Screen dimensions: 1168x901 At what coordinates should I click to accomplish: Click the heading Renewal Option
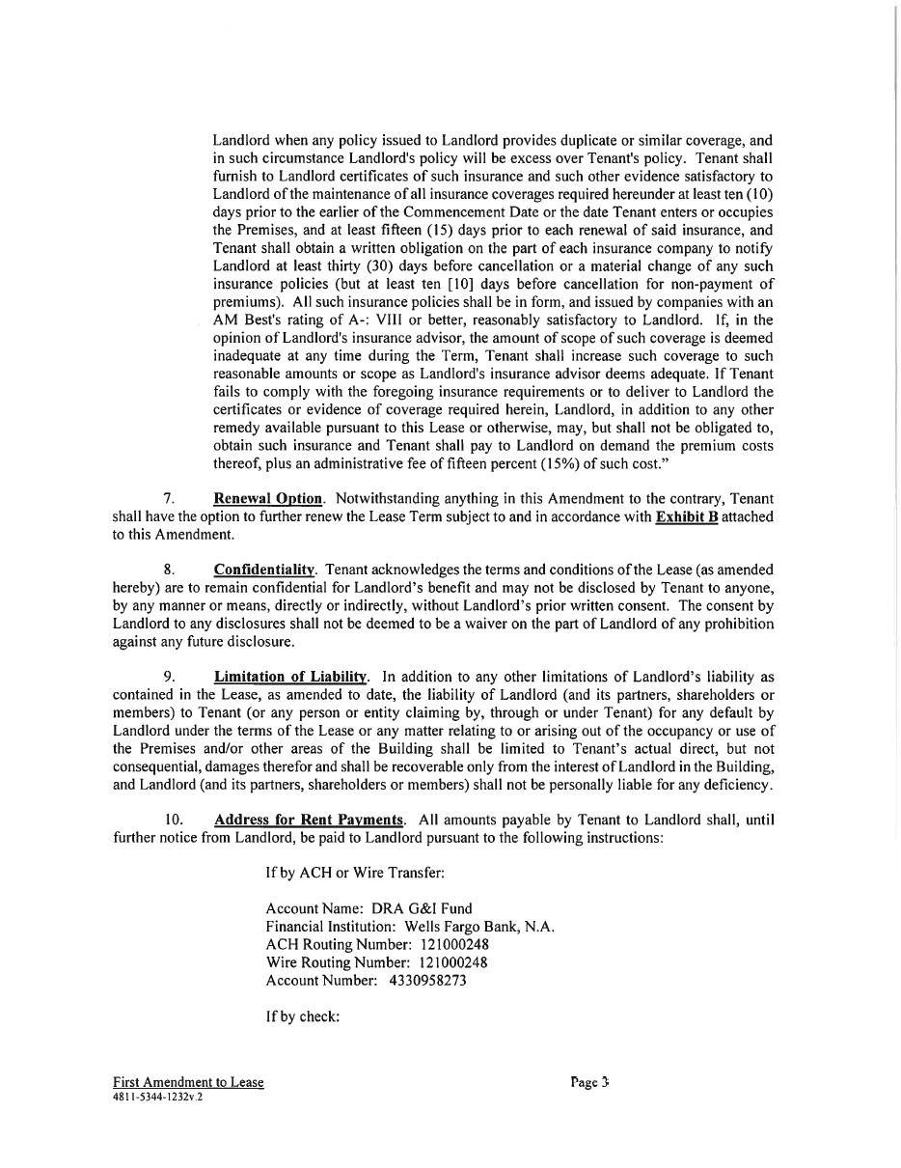tap(268, 499)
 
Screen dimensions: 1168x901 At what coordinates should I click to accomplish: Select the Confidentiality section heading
tap(264, 570)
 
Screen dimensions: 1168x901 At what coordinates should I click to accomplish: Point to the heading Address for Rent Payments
tap(309, 820)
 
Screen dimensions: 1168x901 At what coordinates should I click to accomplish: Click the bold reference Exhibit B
tap(687, 517)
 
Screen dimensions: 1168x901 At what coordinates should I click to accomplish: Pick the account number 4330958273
tap(428, 981)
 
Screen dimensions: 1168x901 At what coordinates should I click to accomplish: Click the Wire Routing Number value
tap(453, 963)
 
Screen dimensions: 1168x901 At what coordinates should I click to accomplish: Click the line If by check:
tap(303, 1017)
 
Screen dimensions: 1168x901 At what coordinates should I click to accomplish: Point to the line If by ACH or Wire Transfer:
tap(355, 874)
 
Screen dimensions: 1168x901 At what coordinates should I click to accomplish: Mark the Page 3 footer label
tap(589, 1083)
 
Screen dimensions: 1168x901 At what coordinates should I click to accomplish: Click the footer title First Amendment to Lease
tap(188, 1083)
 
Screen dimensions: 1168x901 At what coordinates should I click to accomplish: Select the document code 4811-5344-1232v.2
tap(157, 1098)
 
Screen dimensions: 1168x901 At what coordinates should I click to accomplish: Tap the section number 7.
tap(169, 499)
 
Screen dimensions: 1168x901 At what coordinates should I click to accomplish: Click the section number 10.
tap(174, 820)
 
